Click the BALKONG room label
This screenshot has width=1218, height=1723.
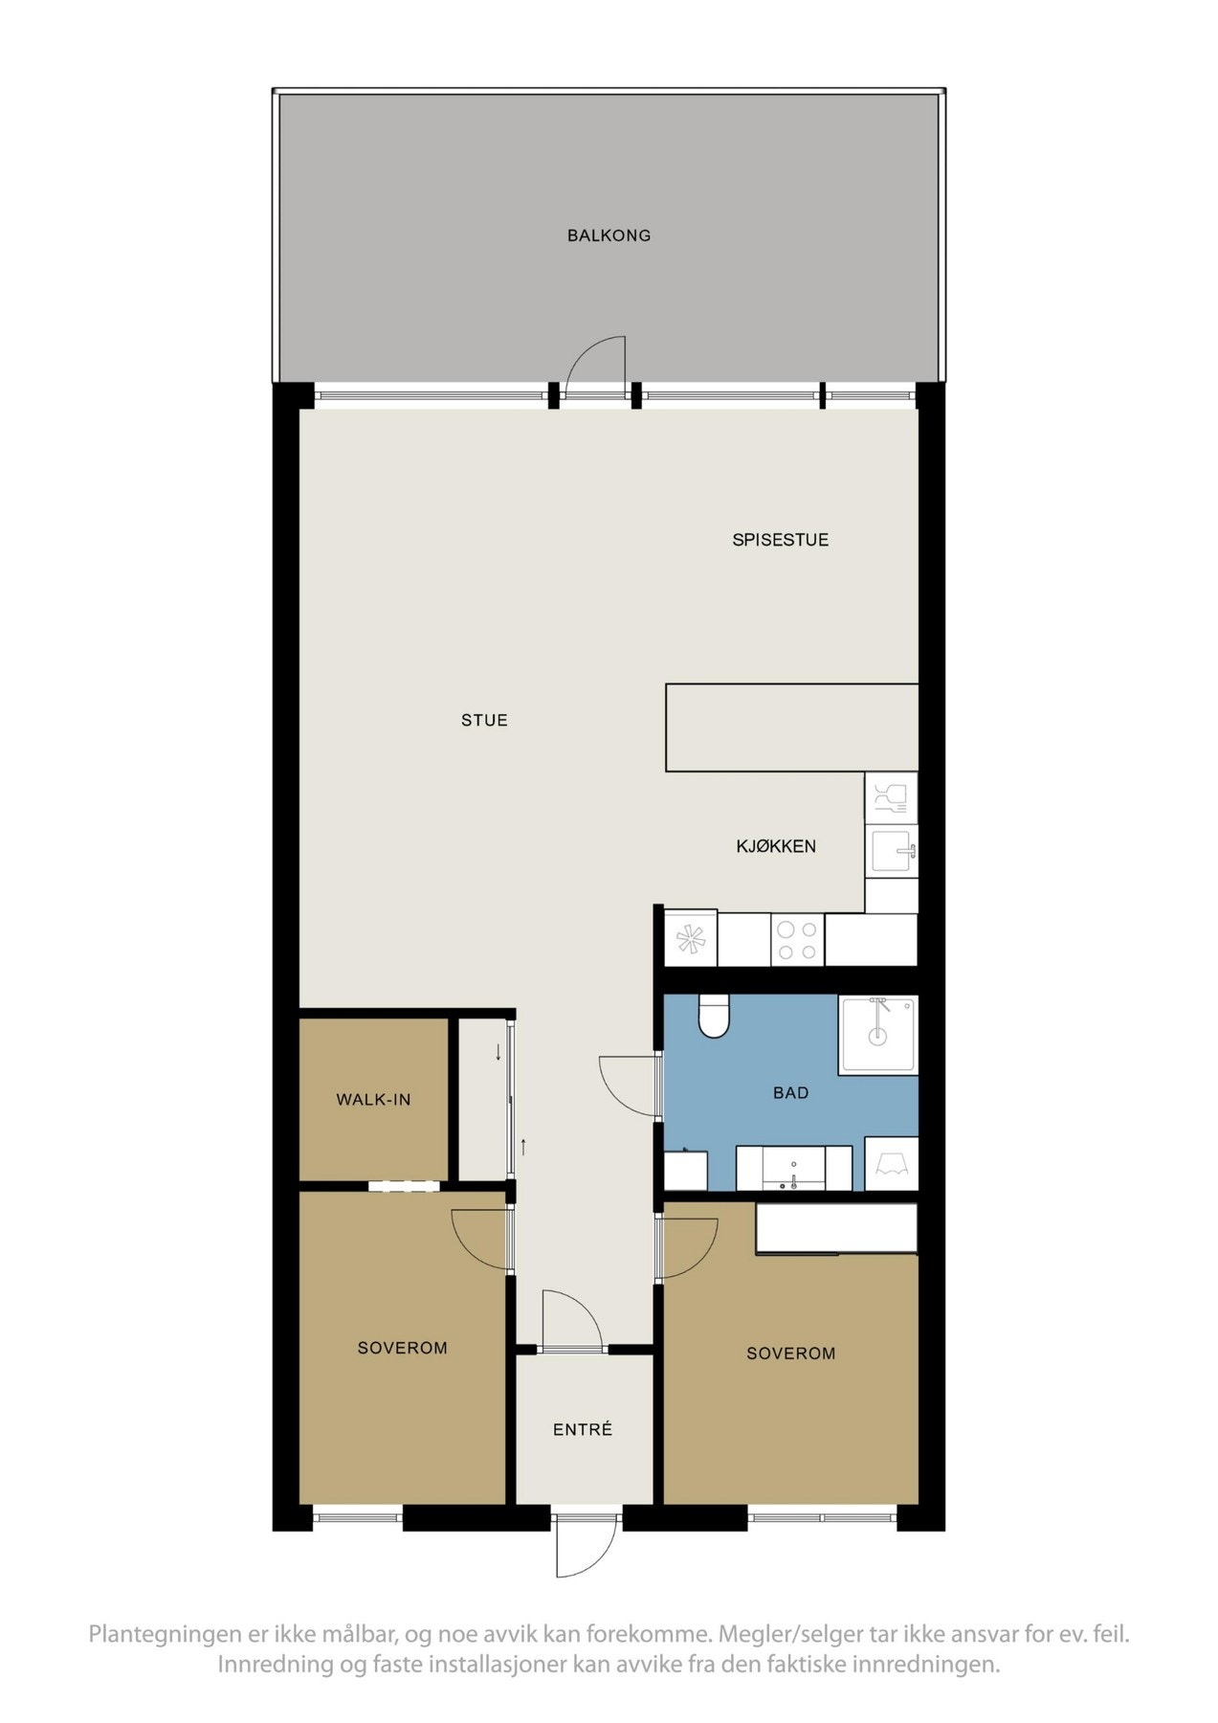(609, 235)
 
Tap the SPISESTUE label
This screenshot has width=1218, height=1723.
(780, 540)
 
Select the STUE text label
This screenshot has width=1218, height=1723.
(484, 721)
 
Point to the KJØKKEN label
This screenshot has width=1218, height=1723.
(776, 846)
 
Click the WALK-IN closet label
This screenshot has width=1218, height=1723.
(373, 1100)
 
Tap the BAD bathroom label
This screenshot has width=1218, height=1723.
(790, 1093)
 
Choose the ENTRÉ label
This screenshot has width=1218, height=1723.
(582, 1429)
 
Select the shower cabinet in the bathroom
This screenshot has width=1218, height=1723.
(877, 1035)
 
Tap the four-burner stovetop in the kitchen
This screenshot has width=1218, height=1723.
(797, 940)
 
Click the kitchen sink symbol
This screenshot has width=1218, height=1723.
(892, 851)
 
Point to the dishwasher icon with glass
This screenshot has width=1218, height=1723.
(891, 798)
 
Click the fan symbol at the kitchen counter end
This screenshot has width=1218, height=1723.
(690, 939)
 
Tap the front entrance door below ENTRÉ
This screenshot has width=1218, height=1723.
(586, 1545)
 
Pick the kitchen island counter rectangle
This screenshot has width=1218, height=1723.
(791, 727)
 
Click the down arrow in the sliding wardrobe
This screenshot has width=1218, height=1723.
(498, 1054)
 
